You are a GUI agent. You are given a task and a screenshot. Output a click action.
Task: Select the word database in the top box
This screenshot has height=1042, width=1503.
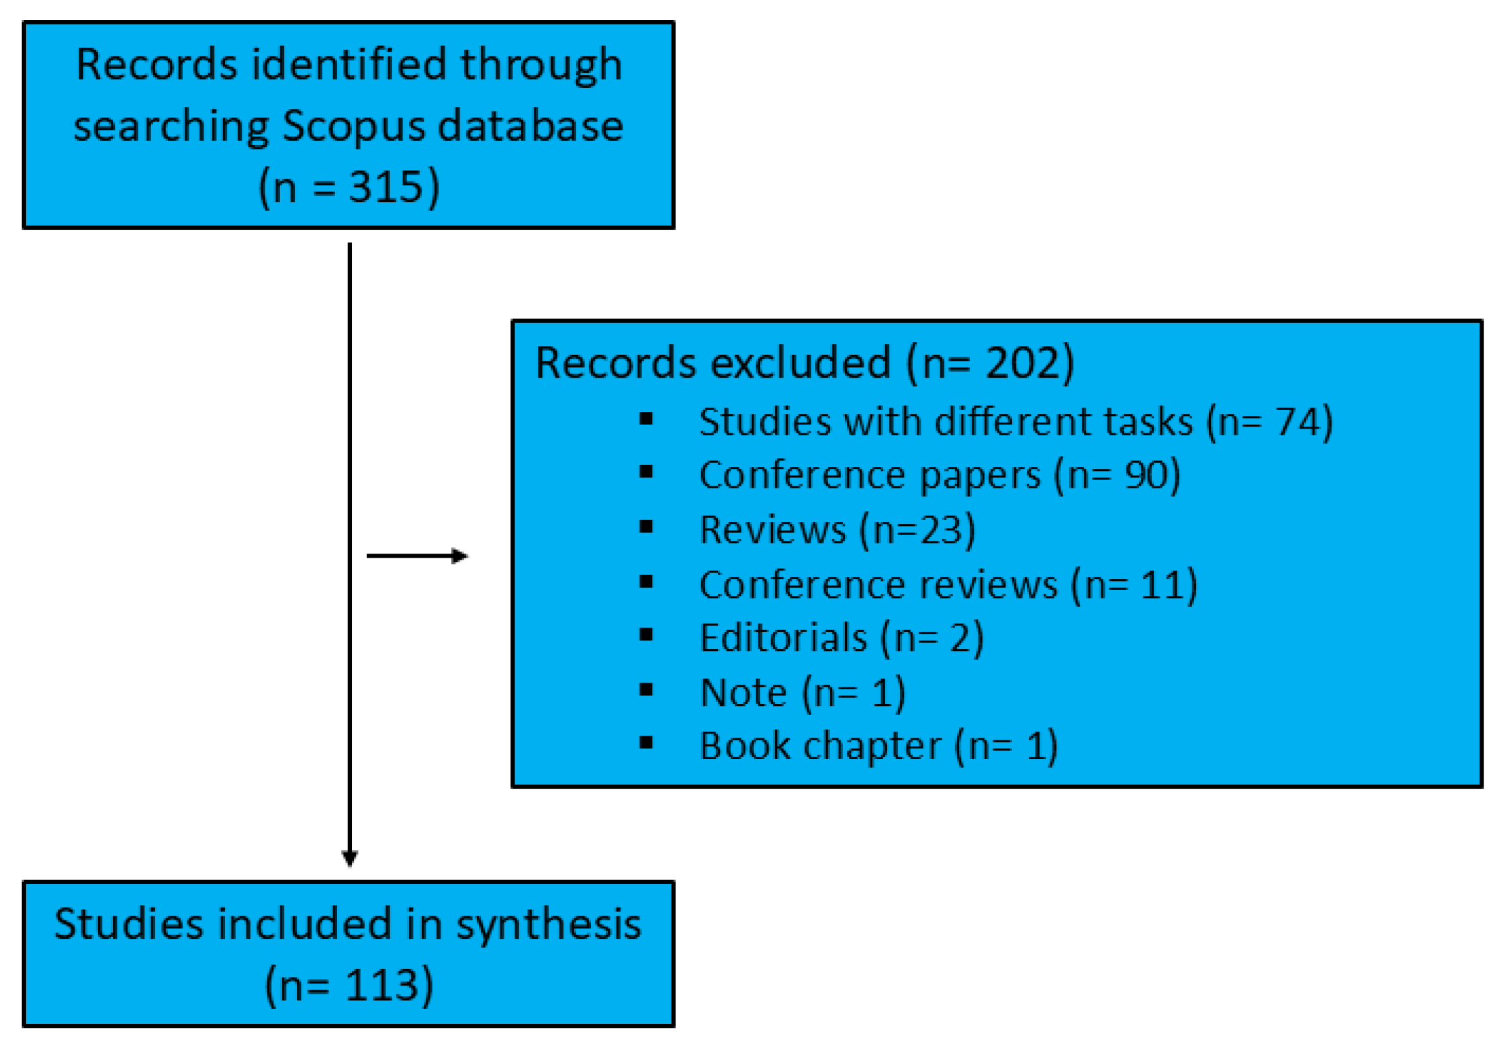point(531,126)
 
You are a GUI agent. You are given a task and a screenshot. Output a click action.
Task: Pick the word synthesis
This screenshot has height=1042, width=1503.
point(549,925)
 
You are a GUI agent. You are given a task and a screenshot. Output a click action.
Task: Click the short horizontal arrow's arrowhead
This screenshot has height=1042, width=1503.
point(460,556)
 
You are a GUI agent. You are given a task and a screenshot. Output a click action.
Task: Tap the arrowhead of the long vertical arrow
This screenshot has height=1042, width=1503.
point(350,858)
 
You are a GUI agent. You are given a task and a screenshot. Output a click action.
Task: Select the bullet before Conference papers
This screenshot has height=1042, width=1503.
point(646,472)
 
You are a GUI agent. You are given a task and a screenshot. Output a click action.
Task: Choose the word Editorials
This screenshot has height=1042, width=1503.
point(783,638)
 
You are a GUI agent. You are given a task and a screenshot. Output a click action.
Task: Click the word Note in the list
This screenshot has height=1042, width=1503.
point(743,693)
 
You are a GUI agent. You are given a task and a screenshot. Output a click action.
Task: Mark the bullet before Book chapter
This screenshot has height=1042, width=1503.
point(646,742)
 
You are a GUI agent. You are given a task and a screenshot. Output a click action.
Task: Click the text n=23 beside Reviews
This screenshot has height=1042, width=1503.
point(917,530)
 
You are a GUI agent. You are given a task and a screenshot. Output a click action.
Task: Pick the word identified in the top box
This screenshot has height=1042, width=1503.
point(349,65)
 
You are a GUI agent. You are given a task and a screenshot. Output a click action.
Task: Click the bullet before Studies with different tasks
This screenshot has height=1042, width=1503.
point(646,419)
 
